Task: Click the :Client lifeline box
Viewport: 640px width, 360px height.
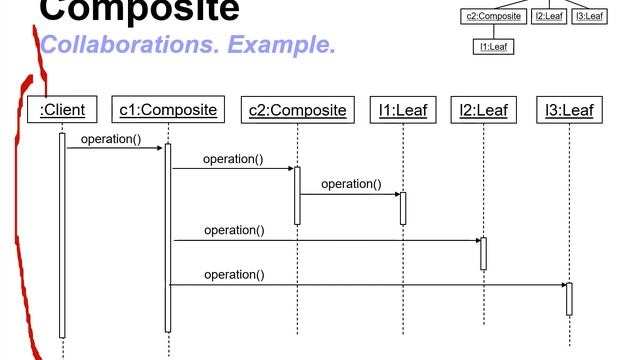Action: click(x=62, y=109)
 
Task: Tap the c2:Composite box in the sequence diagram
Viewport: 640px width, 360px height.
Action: click(x=297, y=109)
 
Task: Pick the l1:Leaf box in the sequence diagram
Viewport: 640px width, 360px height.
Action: click(x=402, y=109)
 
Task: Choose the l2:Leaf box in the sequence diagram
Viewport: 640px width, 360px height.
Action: click(x=483, y=109)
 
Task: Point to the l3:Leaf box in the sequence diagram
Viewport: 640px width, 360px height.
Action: click(x=569, y=109)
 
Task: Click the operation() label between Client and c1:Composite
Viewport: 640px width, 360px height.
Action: click(x=111, y=139)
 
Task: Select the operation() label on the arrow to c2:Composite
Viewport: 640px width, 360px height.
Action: click(x=233, y=159)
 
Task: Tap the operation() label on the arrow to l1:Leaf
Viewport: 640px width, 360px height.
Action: click(x=351, y=184)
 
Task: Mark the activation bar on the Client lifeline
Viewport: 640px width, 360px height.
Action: click(x=62, y=235)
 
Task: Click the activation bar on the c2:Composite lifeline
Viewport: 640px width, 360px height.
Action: click(x=297, y=195)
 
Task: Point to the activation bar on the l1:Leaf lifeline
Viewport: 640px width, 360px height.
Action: click(x=403, y=208)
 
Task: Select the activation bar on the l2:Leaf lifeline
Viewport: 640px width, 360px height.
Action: click(x=483, y=253)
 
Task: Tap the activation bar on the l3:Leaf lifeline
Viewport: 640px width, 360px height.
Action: click(x=569, y=299)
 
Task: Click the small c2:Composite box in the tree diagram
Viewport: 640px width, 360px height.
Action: click(x=494, y=16)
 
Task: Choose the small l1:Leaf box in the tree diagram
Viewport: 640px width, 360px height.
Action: click(x=494, y=46)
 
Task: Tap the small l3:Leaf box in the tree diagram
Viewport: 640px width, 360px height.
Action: click(x=589, y=16)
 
